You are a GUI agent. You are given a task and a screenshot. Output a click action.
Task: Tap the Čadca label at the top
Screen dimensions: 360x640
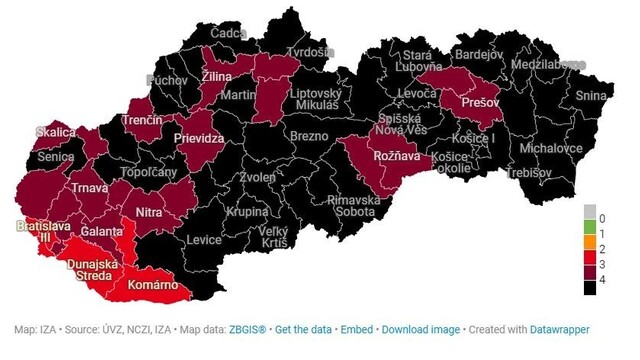229,33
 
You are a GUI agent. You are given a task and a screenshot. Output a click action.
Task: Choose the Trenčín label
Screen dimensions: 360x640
142,120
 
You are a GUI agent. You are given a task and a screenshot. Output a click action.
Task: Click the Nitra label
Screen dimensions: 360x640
148,212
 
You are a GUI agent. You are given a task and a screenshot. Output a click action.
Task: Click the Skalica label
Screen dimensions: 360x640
55,132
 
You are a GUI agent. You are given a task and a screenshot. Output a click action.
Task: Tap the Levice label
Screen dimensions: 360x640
204,240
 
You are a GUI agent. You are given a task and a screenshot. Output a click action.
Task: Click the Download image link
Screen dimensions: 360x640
421,329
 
